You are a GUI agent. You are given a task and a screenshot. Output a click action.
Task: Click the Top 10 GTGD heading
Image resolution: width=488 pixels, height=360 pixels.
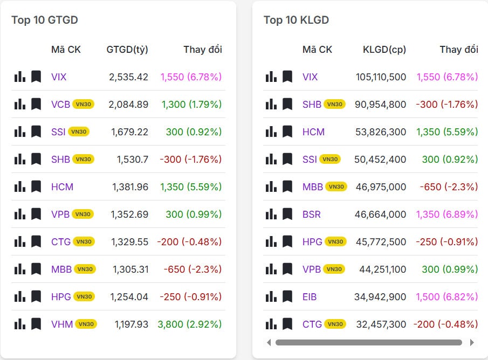(x=45, y=20)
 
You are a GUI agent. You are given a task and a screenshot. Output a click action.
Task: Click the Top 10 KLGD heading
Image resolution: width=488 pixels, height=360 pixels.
(x=296, y=20)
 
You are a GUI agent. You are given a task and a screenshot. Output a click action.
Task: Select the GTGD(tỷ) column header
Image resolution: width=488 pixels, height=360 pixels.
(x=127, y=50)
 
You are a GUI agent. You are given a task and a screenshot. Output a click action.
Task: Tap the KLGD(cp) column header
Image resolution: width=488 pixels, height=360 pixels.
(x=384, y=50)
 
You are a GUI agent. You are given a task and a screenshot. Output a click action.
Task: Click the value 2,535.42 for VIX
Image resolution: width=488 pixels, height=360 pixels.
(x=128, y=77)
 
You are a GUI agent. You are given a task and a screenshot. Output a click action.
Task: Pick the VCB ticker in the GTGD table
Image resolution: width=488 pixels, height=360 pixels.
(x=60, y=105)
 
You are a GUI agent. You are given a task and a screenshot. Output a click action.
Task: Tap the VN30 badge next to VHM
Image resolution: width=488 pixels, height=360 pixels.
(x=86, y=324)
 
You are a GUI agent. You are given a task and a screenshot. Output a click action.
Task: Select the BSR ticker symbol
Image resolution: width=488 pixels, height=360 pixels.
(x=311, y=214)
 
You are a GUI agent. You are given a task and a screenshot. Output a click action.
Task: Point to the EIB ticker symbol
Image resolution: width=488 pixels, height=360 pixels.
(x=310, y=297)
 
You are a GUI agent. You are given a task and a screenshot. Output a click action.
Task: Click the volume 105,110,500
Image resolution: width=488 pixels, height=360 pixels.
(x=381, y=77)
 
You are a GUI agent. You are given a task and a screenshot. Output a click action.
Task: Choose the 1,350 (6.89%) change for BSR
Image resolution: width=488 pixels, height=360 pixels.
(x=447, y=214)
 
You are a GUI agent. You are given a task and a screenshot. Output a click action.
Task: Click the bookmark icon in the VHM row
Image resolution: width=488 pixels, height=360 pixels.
(x=36, y=324)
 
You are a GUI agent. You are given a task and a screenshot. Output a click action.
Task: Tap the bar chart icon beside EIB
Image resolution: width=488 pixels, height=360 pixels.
(x=271, y=297)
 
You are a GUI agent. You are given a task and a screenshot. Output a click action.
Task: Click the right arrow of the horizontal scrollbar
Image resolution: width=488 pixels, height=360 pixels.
(x=472, y=342)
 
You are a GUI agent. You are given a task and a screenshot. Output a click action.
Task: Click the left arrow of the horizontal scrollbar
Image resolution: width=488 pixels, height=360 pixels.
(x=269, y=342)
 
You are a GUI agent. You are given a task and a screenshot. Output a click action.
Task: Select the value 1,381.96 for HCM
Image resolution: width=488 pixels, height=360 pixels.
(x=130, y=187)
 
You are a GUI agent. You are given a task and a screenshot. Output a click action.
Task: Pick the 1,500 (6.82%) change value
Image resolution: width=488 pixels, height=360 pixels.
(x=447, y=297)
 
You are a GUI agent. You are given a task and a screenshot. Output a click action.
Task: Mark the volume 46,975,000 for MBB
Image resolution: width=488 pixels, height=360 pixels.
(x=381, y=187)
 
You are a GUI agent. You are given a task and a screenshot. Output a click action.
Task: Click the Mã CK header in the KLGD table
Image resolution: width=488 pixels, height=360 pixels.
(x=317, y=50)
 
